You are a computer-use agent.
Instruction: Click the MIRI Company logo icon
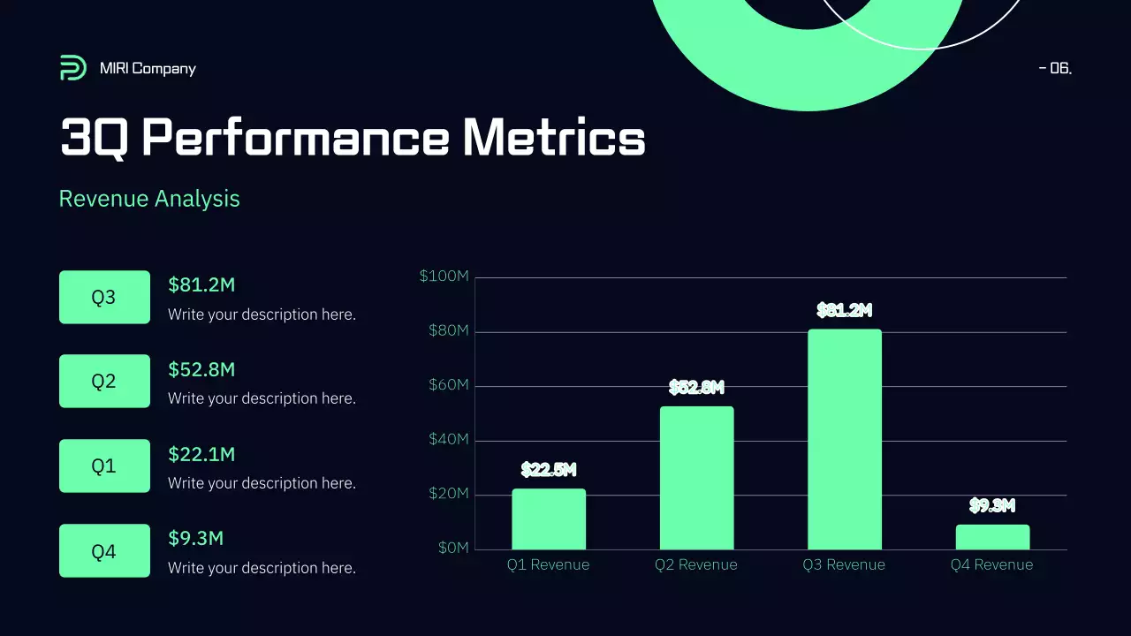[73, 68]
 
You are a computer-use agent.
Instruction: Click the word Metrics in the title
[553, 139]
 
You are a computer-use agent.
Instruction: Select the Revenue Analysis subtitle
[149, 199]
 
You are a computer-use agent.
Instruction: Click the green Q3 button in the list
[104, 297]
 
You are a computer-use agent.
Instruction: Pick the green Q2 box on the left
[104, 382]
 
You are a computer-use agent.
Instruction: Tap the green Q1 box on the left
[104, 466]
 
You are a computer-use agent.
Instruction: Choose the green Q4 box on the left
[104, 551]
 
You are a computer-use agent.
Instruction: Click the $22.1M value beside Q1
[201, 454]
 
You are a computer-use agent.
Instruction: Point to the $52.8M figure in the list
[201, 369]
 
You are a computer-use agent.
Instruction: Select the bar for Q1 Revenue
[549, 519]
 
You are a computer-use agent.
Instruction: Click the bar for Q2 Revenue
[696, 478]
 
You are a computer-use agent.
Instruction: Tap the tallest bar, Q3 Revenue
[845, 440]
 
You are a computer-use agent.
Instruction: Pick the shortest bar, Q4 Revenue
[992, 537]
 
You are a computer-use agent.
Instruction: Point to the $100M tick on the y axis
[444, 277]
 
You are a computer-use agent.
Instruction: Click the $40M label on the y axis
[448, 440]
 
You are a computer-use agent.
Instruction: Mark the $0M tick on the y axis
[453, 549]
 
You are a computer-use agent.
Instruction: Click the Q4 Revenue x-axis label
[991, 565]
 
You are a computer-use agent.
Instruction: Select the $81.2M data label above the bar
[845, 311]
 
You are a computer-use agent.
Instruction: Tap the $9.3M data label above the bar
[992, 506]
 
